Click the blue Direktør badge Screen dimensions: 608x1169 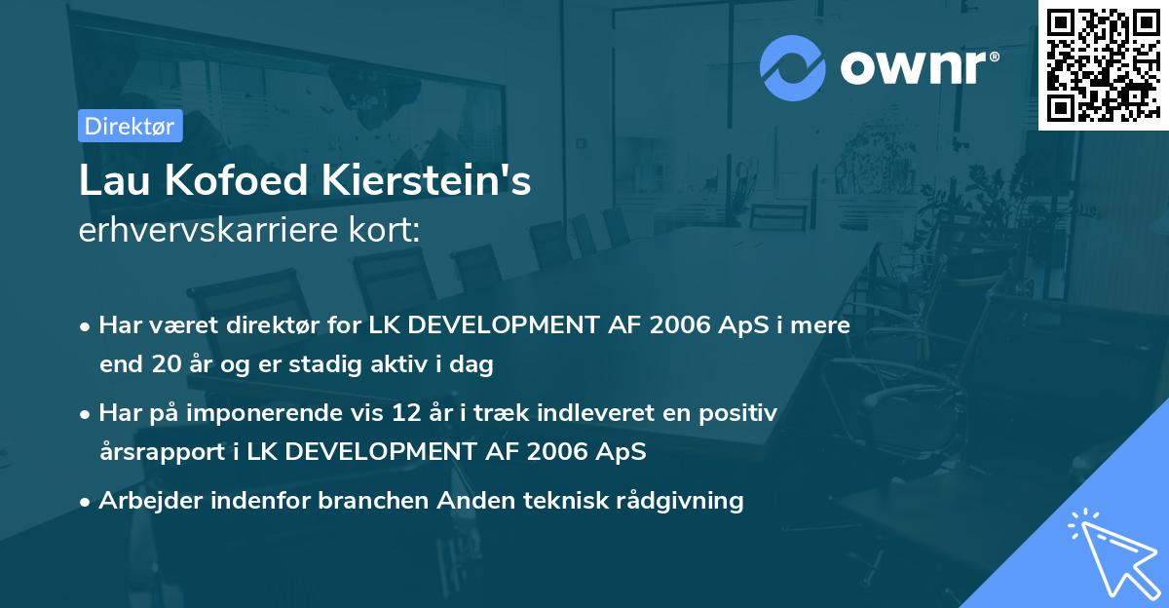coord(130,126)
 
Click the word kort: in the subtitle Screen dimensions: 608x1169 coord(389,232)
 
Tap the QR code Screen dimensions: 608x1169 coord(1104,64)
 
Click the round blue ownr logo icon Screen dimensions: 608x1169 coord(793,67)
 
